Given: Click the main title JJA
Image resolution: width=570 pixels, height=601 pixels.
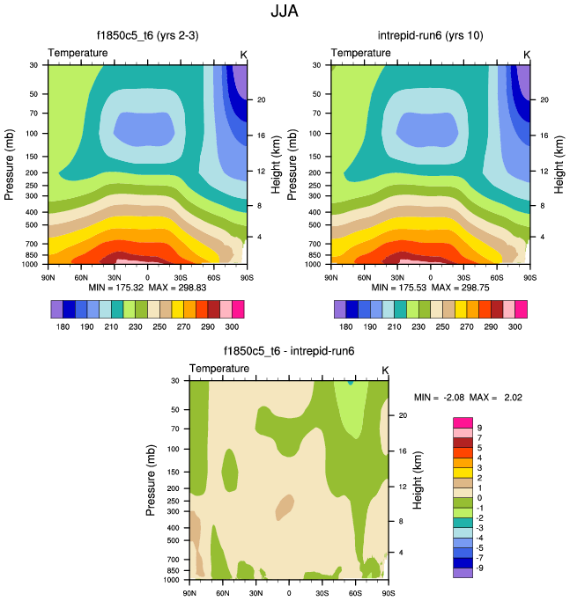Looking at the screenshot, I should [285, 12].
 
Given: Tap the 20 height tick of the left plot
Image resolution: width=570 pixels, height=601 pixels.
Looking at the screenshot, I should [262, 99].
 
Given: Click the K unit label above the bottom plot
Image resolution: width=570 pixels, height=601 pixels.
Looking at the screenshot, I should [384, 369].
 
